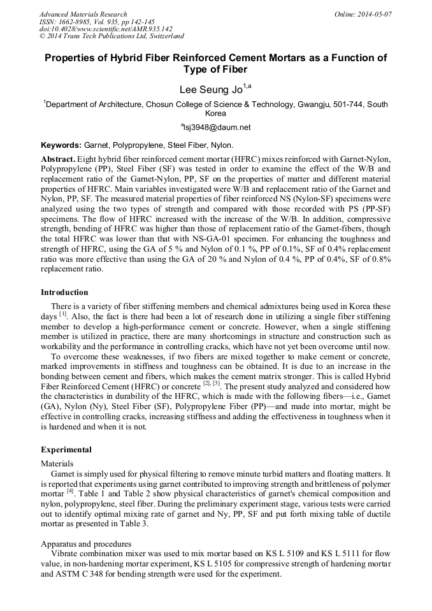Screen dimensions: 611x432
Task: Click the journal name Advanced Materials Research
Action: [x=83, y=14]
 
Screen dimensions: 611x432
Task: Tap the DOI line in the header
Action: [x=106, y=29]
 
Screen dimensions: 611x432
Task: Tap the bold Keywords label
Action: [x=61, y=145]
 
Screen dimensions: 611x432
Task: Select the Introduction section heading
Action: [x=64, y=292]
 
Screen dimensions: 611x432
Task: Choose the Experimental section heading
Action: [x=66, y=449]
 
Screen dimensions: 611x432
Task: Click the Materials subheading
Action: [x=57, y=463]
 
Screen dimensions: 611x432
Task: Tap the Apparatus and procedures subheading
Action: [x=86, y=543]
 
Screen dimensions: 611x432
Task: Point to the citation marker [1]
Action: [x=63, y=315]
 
